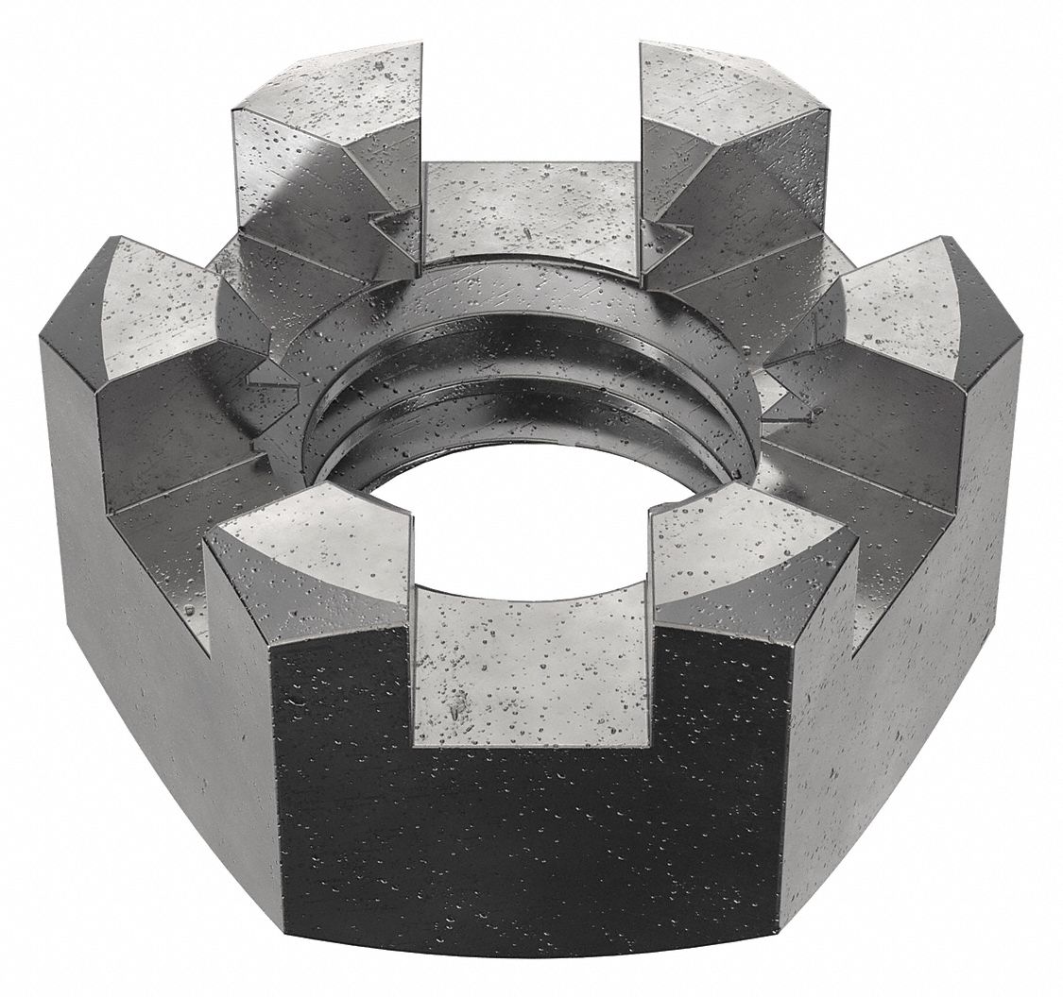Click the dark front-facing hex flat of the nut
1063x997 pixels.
tap(529, 831)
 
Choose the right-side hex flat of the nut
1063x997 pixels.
tap(907, 661)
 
